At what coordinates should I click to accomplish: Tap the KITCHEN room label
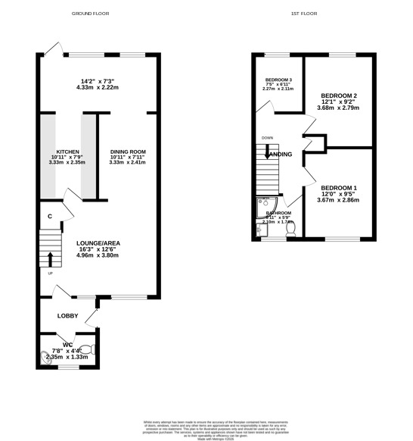[67, 152]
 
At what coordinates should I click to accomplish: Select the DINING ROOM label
[127, 152]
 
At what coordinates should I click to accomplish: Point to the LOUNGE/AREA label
[98, 243]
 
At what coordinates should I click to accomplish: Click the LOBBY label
[67, 316]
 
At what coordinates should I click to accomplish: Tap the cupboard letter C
[49, 217]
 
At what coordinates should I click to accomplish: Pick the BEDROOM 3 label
[278, 80]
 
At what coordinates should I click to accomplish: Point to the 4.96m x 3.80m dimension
[98, 255]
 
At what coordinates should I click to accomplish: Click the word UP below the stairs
[51, 273]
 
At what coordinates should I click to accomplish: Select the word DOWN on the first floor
[267, 138]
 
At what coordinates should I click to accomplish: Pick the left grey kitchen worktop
[48, 157]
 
